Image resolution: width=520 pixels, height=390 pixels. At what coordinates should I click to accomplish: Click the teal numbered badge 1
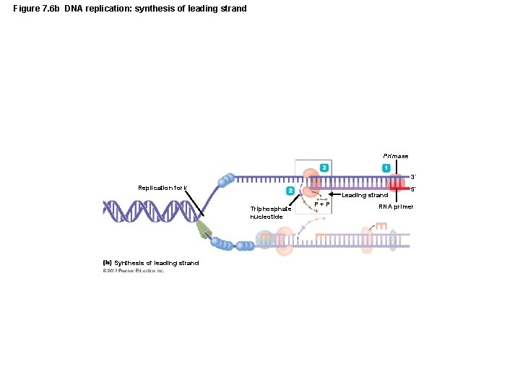click(x=386, y=168)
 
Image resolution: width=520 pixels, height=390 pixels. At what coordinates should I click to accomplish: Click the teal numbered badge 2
click(x=290, y=191)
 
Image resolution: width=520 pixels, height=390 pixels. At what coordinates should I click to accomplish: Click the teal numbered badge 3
click(x=325, y=168)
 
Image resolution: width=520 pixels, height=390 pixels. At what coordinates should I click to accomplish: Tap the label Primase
click(x=395, y=156)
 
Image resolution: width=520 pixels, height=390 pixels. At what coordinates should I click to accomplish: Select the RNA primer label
click(x=396, y=207)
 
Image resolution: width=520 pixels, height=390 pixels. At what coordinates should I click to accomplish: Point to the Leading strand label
click(x=365, y=195)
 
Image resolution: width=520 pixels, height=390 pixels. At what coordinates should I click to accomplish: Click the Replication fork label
click(x=162, y=188)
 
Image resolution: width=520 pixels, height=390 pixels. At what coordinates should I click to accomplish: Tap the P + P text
click(x=322, y=204)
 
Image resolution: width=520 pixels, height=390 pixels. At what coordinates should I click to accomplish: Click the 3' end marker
click(x=412, y=176)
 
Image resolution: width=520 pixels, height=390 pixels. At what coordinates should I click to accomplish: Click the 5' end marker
click(x=412, y=190)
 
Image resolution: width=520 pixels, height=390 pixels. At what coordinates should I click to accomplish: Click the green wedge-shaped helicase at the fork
click(x=206, y=230)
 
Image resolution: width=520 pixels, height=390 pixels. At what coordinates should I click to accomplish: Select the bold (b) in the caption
click(x=107, y=262)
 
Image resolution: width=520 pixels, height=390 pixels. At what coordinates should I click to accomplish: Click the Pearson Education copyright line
click(x=134, y=271)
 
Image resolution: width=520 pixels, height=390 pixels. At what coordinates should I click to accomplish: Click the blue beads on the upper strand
click(x=227, y=178)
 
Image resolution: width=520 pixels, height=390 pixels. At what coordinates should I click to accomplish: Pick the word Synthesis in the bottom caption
click(x=129, y=262)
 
